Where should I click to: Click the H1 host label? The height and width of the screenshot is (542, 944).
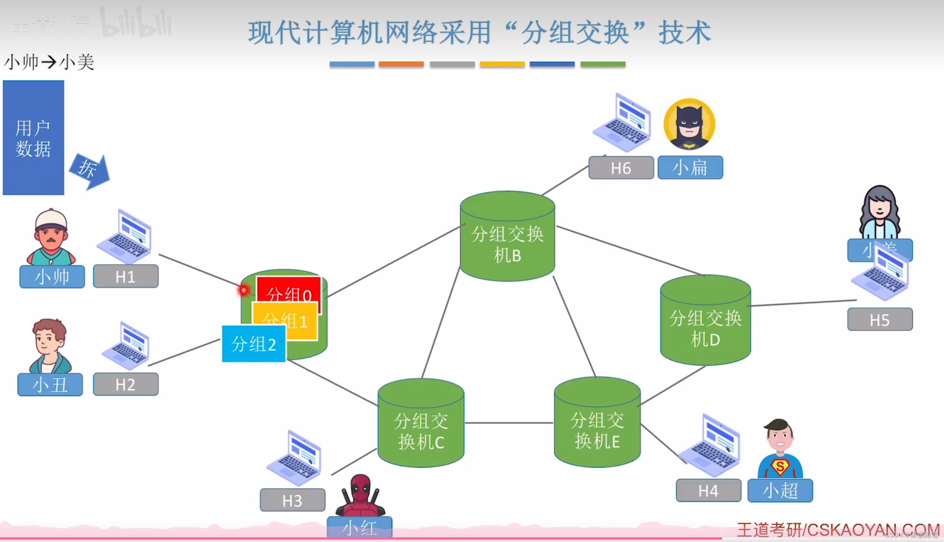click(125, 276)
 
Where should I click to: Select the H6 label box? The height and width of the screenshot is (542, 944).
click(621, 168)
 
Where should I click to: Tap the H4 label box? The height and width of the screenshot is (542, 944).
click(708, 490)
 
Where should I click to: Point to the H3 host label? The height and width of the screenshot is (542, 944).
click(292, 500)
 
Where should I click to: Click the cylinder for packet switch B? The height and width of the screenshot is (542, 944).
click(507, 237)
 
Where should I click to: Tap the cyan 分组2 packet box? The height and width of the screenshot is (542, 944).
click(253, 344)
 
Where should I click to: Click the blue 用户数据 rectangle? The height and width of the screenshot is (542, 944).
click(33, 137)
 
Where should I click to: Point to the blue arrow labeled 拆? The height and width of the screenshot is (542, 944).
click(90, 170)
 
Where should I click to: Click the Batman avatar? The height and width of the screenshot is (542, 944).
click(689, 124)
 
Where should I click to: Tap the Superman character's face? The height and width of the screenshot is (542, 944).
click(779, 437)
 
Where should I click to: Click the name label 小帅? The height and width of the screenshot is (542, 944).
click(52, 276)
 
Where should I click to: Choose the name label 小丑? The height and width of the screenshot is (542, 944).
click(50, 384)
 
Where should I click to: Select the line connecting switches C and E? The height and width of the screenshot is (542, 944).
click(509, 423)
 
